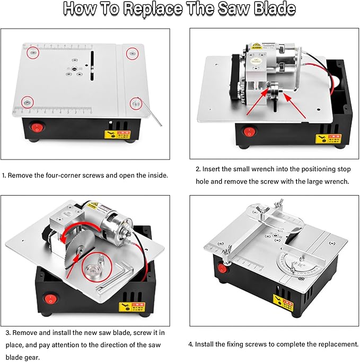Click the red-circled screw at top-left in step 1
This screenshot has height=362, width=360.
pos(33,53)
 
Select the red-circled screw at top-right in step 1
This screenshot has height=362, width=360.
pos(132,52)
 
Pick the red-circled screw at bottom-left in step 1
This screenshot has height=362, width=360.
pos(25,101)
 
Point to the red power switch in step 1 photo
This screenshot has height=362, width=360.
pos(37,127)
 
